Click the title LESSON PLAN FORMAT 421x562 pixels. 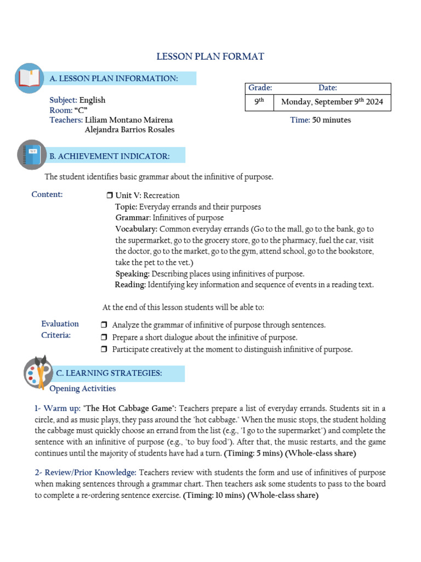[210, 57]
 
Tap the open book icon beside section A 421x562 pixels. [29, 78]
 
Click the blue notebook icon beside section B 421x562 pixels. [32, 154]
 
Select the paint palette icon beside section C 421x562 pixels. [38, 372]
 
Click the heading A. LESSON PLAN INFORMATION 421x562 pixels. [113, 78]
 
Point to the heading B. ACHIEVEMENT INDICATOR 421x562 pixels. [110, 156]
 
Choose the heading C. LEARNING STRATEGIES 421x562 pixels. [109, 373]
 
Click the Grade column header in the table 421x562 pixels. [260, 88]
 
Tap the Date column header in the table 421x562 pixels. [327, 88]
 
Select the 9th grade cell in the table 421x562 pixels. [259, 102]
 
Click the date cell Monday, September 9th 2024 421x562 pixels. [332, 102]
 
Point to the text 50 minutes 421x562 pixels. [332, 120]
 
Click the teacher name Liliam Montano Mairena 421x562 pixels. [129, 120]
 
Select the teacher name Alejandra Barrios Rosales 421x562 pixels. [129, 130]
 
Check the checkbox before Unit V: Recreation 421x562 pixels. [109, 196]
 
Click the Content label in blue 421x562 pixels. [47, 194]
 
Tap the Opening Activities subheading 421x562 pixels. [82, 389]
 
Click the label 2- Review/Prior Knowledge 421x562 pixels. [86, 473]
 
